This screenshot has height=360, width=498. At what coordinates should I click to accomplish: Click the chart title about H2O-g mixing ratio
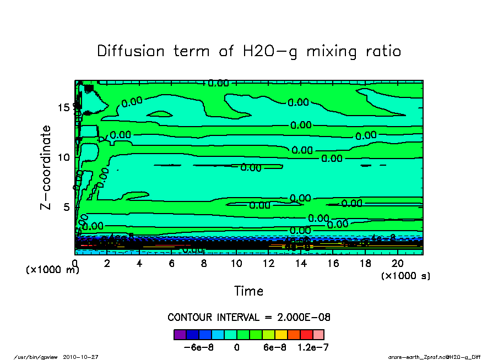(249, 51)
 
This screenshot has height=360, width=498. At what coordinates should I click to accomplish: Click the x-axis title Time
(248, 291)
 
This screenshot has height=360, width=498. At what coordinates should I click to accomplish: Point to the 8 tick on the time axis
(204, 264)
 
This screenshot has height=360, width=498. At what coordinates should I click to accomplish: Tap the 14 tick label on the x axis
(300, 264)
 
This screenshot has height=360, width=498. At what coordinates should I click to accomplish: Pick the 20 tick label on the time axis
(397, 264)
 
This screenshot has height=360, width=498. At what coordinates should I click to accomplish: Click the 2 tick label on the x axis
(107, 264)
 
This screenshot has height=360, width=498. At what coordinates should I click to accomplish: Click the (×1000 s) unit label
(405, 275)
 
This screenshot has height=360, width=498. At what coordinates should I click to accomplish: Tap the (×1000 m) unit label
(53, 270)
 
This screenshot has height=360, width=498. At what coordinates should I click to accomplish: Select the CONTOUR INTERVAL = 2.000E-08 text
(248, 318)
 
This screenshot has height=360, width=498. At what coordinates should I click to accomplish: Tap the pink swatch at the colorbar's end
(318, 334)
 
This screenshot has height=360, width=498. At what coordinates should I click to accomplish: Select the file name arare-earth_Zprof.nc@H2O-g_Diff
(434, 357)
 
